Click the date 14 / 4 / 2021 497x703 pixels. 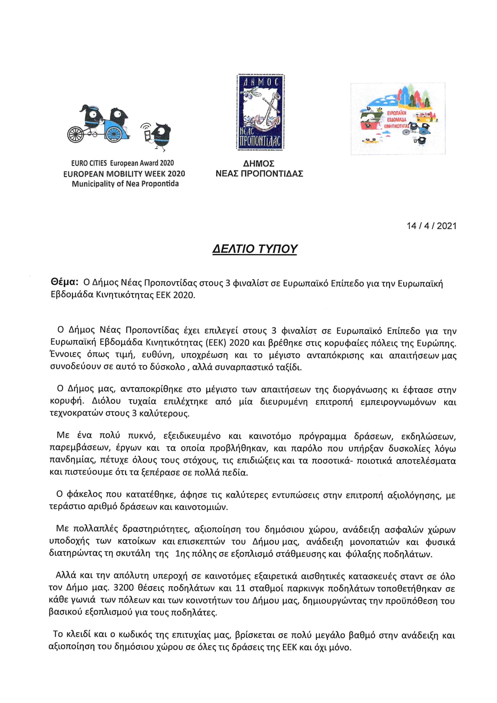point(431,226)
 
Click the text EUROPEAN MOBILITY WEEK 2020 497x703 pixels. point(124,174)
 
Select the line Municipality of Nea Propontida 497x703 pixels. point(125,184)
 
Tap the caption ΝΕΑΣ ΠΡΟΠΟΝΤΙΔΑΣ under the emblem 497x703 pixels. point(259,174)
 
